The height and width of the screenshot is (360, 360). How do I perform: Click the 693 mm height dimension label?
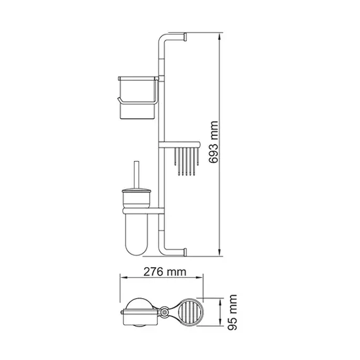tap(213, 142)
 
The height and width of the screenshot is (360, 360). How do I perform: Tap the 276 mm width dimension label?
tap(165, 272)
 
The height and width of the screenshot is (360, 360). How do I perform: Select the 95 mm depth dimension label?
tap(232, 312)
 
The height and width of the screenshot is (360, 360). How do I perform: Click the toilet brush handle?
tap(136, 175)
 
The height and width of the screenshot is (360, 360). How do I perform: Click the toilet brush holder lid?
tap(136, 191)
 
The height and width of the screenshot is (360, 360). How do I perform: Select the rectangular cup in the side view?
tap(137, 98)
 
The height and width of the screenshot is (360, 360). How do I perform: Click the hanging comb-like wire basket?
tap(186, 162)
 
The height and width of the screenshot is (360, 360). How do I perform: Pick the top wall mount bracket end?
tap(185, 37)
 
